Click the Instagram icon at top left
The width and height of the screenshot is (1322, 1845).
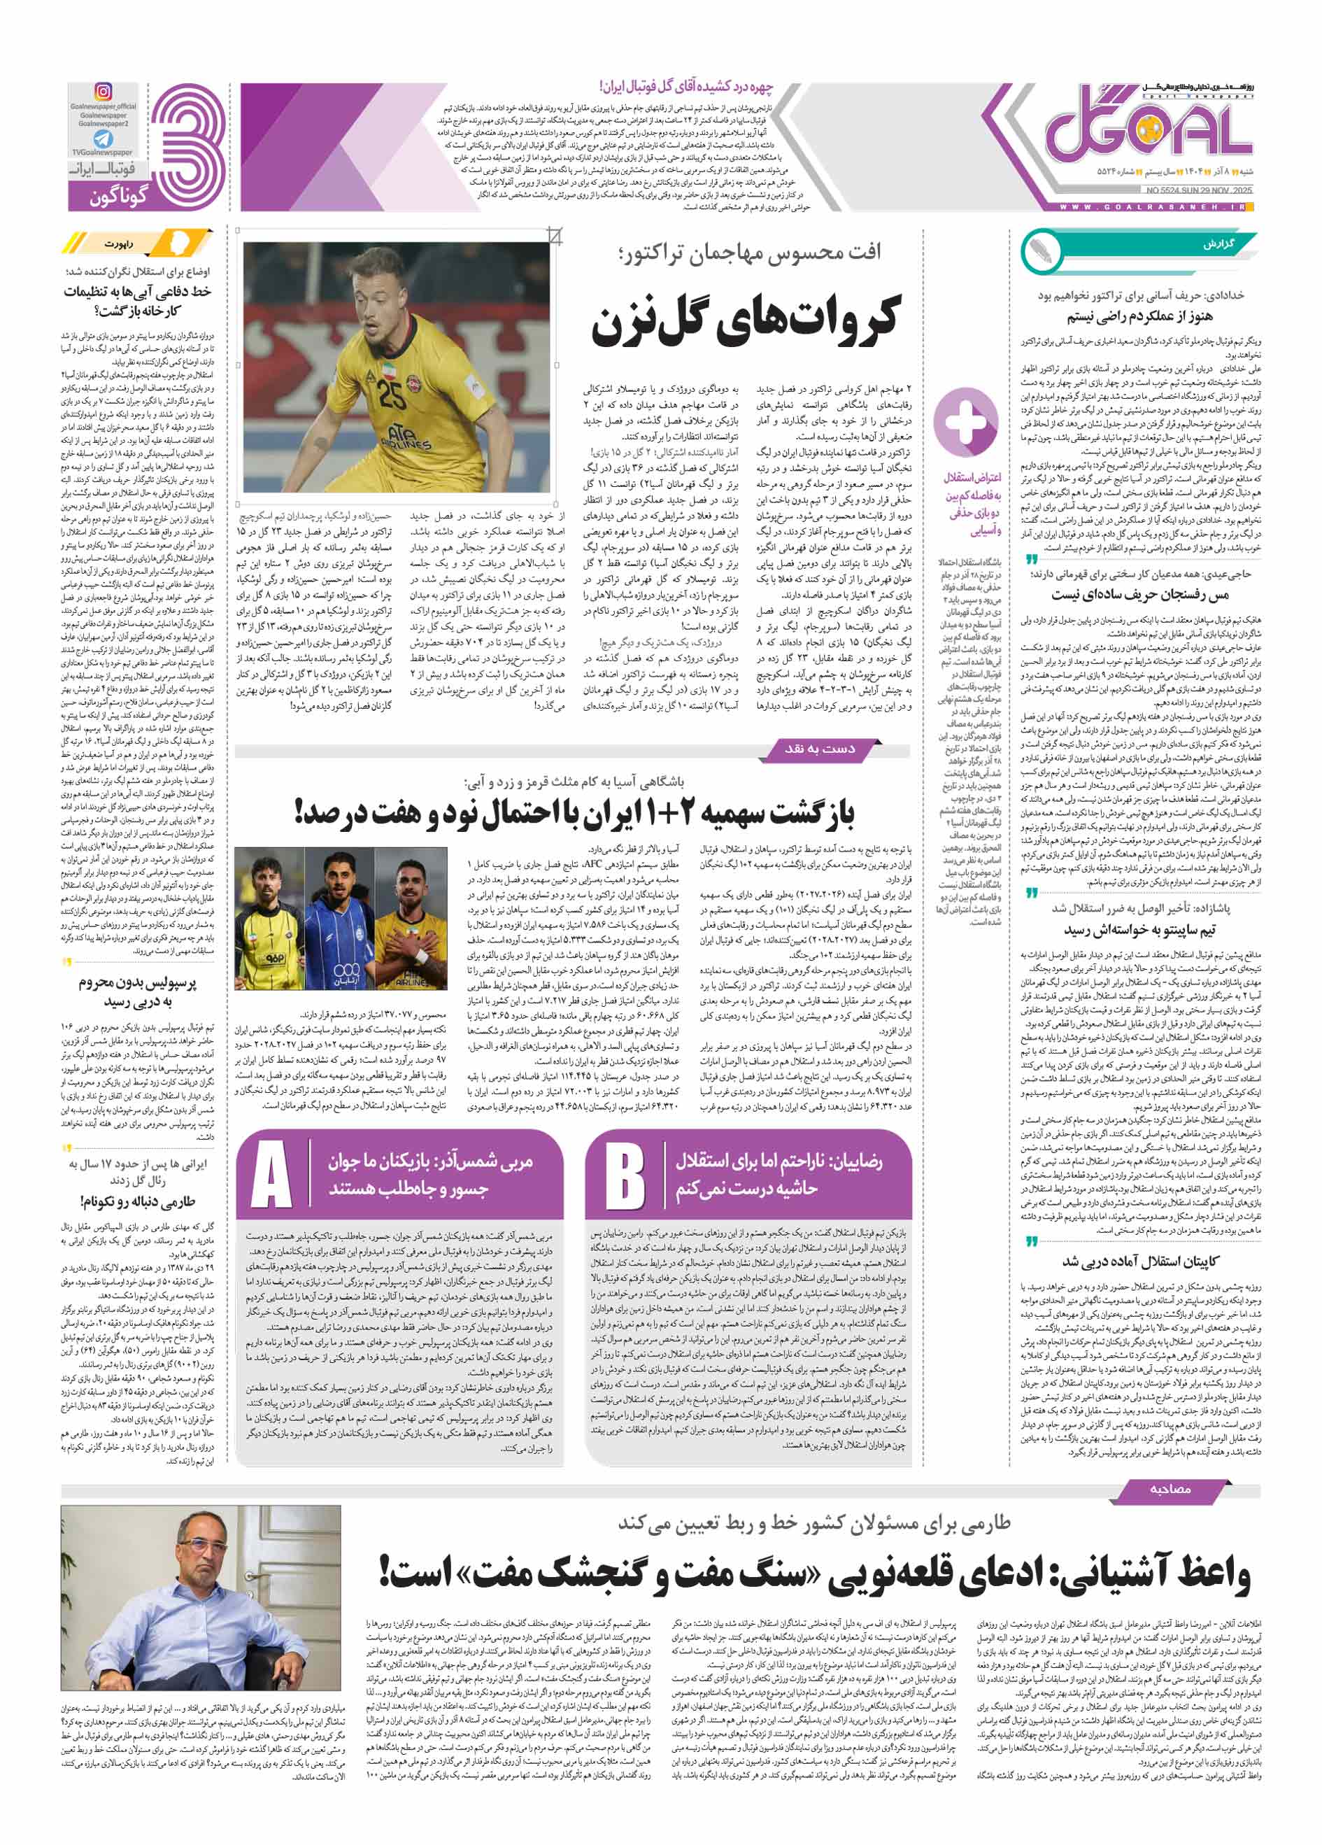tap(104, 92)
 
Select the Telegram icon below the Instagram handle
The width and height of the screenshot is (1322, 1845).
tap(104, 139)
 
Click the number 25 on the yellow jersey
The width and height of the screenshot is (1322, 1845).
tap(391, 395)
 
